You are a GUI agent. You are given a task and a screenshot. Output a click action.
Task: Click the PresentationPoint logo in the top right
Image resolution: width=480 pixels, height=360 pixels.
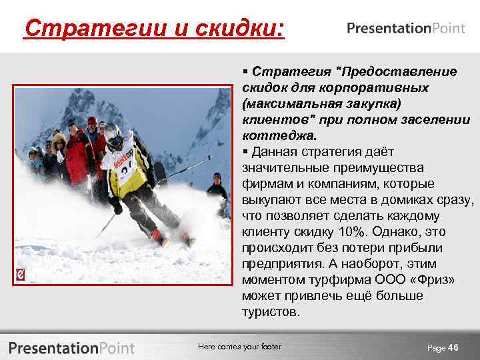point(406,28)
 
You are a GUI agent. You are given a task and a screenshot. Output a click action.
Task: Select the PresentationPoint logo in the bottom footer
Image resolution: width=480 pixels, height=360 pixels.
point(71,347)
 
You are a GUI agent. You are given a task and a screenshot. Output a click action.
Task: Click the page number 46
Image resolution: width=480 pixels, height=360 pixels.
point(453,347)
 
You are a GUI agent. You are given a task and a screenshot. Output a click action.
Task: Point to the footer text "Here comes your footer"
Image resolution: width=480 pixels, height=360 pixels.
point(240,347)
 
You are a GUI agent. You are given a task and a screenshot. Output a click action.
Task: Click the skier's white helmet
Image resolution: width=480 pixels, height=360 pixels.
point(113,133)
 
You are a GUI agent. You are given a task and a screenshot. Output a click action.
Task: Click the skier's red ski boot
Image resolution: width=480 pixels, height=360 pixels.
point(159,237)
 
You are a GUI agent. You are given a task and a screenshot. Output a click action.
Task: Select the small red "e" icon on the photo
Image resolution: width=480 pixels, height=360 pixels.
point(21,275)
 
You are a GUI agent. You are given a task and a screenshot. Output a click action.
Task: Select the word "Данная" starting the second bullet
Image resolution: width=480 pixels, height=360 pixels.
point(274,151)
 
